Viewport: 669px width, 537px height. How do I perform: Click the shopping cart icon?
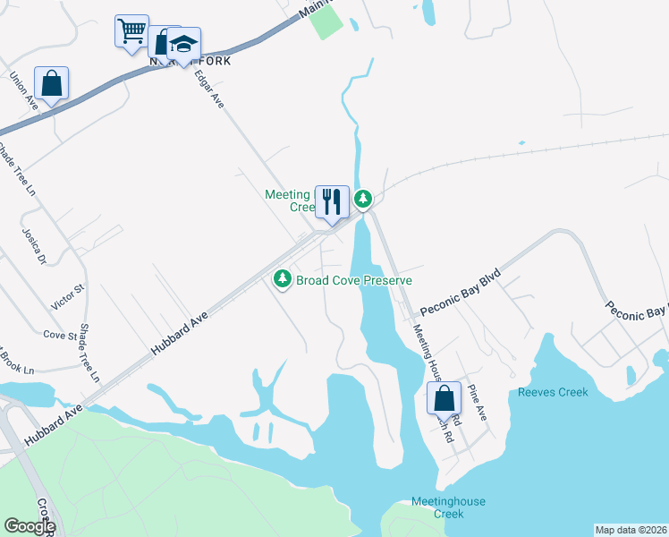(x=131, y=31)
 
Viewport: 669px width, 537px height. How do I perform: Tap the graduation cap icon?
(x=183, y=45)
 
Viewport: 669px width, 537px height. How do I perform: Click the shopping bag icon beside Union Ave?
(x=52, y=84)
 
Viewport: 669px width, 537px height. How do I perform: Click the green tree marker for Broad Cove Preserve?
(x=283, y=280)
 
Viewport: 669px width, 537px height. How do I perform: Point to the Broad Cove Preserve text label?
(x=354, y=280)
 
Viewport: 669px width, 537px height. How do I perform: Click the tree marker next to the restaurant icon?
(x=362, y=198)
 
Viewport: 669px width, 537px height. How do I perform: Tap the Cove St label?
(x=60, y=336)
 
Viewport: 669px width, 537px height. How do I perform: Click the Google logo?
(x=29, y=526)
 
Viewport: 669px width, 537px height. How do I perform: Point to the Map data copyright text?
(x=631, y=530)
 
